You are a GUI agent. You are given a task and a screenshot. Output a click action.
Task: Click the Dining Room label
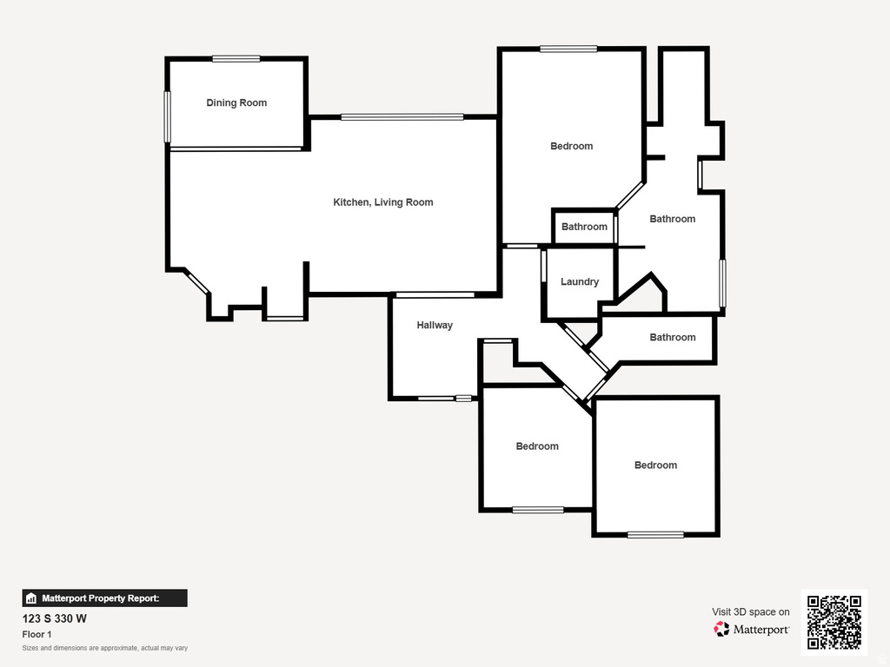[x=236, y=102]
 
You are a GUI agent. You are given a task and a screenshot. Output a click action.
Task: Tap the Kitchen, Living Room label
[x=383, y=202]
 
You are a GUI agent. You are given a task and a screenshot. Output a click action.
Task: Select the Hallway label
[x=435, y=326]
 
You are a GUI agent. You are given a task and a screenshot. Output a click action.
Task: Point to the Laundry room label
[x=580, y=282]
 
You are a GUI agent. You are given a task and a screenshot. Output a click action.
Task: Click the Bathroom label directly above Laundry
[x=584, y=227]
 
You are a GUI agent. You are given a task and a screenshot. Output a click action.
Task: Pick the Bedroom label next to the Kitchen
[x=572, y=146]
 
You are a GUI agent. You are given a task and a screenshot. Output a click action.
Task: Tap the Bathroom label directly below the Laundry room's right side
[x=673, y=337]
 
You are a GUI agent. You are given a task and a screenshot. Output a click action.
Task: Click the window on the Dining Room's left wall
[x=168, y=116]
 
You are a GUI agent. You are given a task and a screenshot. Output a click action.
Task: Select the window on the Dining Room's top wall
[x=236, y=59]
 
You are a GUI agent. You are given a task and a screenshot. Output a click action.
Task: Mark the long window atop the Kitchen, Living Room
[x=402, y=116]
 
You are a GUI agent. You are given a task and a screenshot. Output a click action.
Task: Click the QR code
[x=834, y=621]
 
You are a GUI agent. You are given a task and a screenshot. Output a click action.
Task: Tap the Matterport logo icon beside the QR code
[x=722, y=629]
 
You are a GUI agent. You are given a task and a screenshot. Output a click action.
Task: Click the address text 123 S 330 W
[x=54, y=619]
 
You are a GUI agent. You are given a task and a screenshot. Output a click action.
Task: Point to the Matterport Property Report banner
[x=104, y=598]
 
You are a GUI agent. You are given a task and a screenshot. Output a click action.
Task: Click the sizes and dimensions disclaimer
[x=105, y=648]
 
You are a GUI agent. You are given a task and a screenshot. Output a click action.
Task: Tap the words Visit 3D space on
[x=751, y=612]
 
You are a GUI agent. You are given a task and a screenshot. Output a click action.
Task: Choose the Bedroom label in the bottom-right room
[x=655, y=466]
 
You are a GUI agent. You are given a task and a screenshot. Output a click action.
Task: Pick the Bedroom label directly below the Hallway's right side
[x=537, y=446]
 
